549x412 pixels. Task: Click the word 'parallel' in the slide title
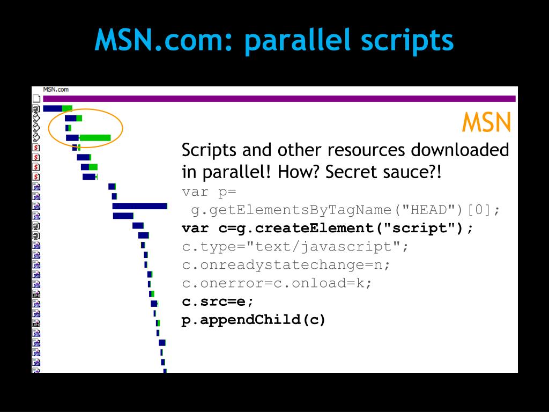[298, 41]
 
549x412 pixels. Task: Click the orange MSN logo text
[486, 122]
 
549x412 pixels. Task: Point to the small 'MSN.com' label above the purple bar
[56, 90]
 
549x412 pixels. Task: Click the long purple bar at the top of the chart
[279, 99]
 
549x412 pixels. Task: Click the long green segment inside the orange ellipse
[95, 138]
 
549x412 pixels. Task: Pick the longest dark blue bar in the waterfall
[140, 206]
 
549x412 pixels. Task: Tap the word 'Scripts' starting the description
[209, 151]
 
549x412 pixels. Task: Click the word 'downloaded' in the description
[459, 150]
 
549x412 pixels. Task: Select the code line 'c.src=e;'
[218, 301]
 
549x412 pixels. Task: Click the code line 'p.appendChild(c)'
[254, 320]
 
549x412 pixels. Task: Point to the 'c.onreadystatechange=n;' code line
[286, 265]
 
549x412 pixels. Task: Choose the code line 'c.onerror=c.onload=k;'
[277, 283]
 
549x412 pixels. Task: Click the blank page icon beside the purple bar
[36, 99]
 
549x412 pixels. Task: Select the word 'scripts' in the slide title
[407, 41]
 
